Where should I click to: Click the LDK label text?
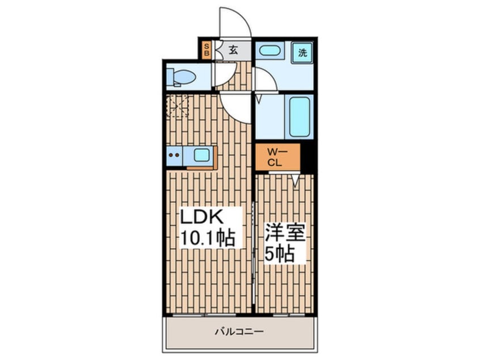[x=204, y=218]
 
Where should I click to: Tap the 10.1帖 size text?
[x=207, y=236]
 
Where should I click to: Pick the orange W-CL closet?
[x=277, y=157]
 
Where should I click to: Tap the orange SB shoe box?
[x=207, y=49]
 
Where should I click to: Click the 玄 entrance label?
[x=233, y=49]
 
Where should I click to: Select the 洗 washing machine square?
[x=303, y=53]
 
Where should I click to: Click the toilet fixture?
[x=180, y=77]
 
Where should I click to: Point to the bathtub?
[x=299, y=116]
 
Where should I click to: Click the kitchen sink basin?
[x=201, y=154]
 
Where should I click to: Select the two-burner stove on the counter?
[x=175, y=154]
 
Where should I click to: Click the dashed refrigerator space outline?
[x=177, y=106]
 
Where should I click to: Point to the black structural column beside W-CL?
[x=307, y=156]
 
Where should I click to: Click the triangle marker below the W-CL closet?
[x=296, y=181]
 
